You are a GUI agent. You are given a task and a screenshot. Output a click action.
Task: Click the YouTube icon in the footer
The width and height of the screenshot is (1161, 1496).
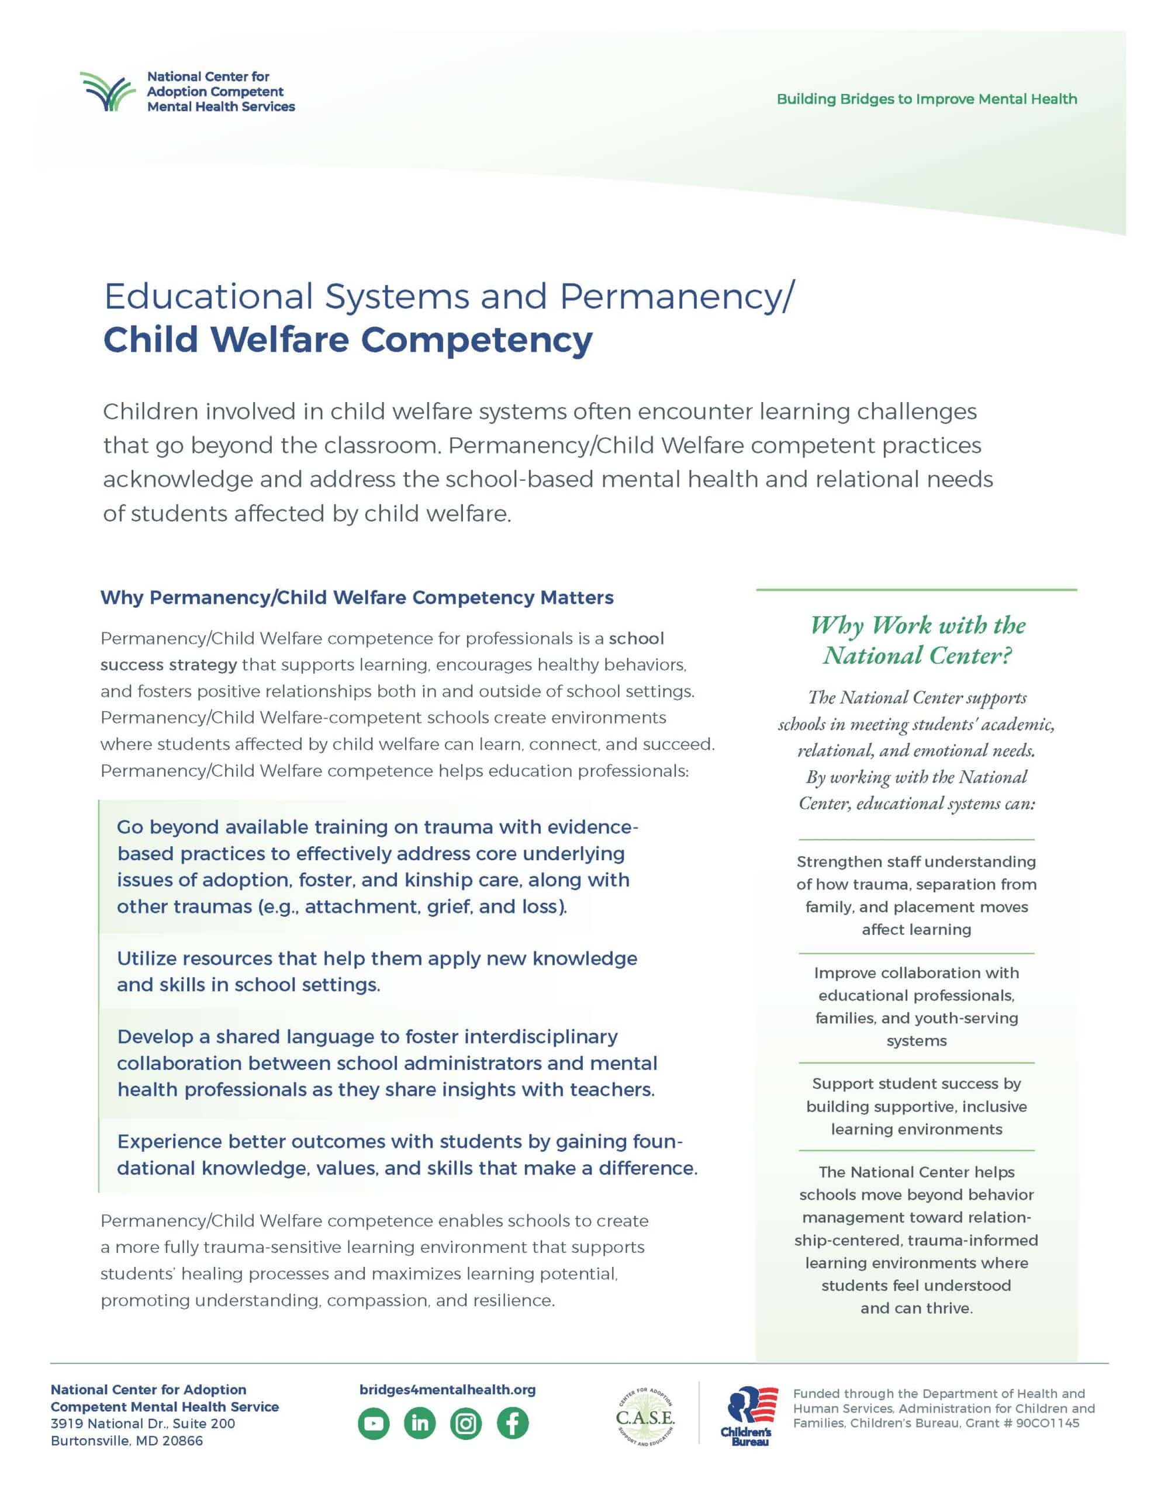click(374, 1424)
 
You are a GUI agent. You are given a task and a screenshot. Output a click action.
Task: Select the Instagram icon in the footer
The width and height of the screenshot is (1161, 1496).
click(466, 1424)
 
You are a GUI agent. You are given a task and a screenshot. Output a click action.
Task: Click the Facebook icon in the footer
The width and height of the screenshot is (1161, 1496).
click(513, 1424)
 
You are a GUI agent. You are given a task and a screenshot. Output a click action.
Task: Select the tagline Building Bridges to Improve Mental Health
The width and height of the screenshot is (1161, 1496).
click(927, 99)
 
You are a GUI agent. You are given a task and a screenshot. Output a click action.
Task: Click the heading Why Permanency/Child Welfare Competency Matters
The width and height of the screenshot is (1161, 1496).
click(357, 598)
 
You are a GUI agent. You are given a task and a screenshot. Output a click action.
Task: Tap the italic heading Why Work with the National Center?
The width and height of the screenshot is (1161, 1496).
click(917, 640)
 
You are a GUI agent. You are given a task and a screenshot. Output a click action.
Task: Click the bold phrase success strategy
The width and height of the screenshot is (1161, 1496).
click(168, 664)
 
